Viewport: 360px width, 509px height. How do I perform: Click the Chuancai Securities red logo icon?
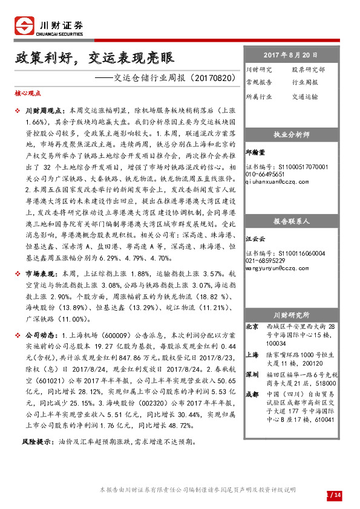(x=24, y=27)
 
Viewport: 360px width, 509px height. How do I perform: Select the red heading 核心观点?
(x=27, y=94)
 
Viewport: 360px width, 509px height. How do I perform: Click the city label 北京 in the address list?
(x=252, y=327)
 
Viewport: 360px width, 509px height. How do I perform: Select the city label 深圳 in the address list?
(x=252, y=374)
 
